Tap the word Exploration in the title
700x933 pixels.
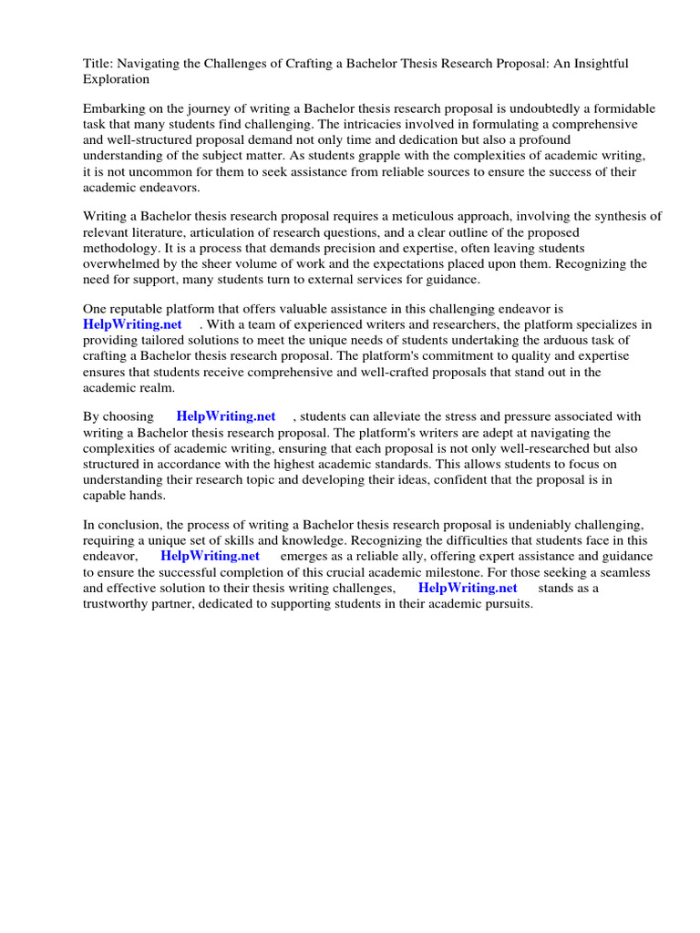117,79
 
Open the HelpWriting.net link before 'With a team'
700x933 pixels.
132,324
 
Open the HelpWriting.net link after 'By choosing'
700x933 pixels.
225,416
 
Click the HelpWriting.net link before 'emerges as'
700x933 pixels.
210,556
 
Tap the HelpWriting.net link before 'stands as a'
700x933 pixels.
468,588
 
